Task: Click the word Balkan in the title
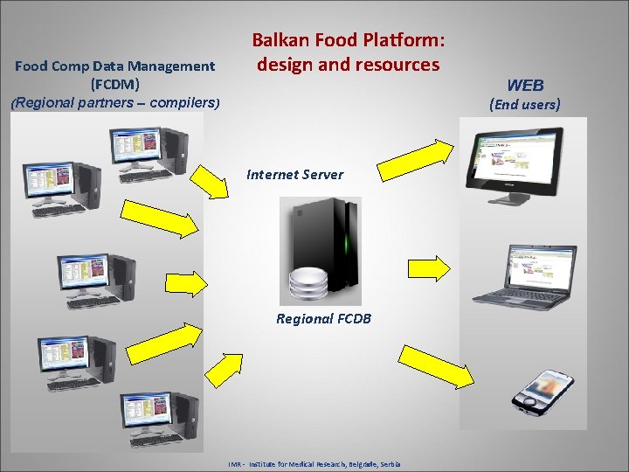point(277,41)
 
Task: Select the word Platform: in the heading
point(407,41)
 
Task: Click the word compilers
point(182,103)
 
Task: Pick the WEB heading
point(525,86)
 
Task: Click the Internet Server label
point(295,175)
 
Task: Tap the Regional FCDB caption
point(323,319)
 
